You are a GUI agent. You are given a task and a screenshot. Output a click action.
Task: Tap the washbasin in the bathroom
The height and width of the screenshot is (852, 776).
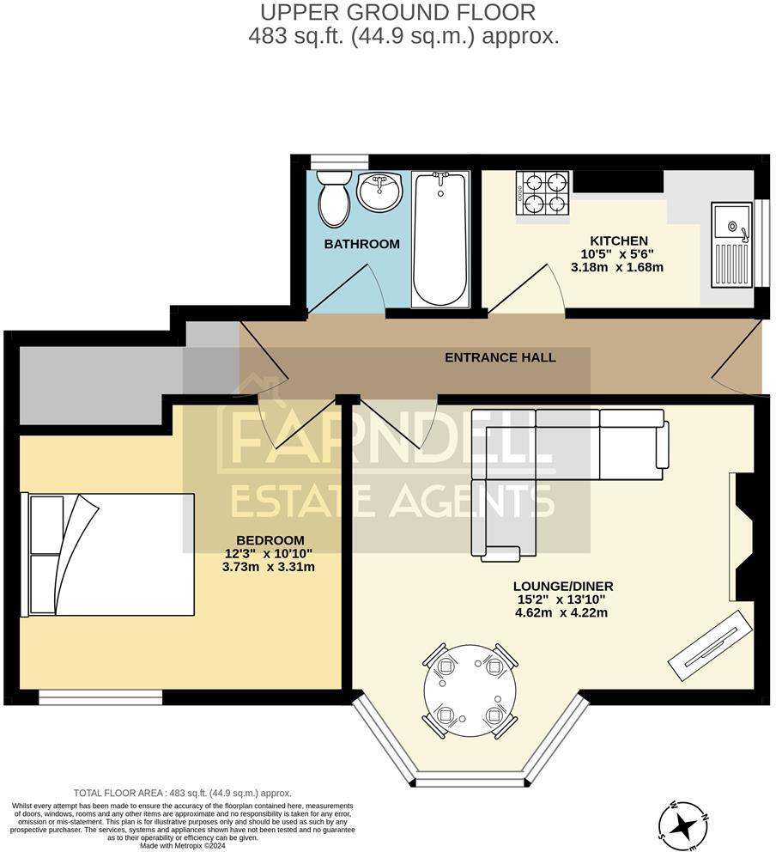[x=379, y=191]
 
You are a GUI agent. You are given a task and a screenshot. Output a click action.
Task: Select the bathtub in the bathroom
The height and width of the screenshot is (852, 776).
[x=440, y=238]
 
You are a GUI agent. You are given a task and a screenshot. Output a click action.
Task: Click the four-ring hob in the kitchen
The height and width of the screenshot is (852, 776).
[x=543, y=193]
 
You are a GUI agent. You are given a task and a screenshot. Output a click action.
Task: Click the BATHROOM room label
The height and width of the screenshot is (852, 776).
[x=361, y=244]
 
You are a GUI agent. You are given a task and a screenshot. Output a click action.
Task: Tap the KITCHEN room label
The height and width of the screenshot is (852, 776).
[x=618, y=240]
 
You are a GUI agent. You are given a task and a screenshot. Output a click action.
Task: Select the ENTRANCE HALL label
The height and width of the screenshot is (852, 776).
[x=500, y=357]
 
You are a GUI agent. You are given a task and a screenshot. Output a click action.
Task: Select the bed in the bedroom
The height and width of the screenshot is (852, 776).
[x=107, y=554]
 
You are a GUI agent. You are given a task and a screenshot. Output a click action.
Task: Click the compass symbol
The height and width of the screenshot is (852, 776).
[x=683, y=825]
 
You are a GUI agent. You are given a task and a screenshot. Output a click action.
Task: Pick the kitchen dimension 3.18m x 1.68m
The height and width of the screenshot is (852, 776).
[x=617, y=267]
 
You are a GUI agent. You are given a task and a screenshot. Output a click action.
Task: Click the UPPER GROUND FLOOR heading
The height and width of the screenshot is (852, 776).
[x=397, y=12]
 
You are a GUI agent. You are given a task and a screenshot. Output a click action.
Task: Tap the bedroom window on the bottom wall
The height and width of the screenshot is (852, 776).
[x=100, y=697]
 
